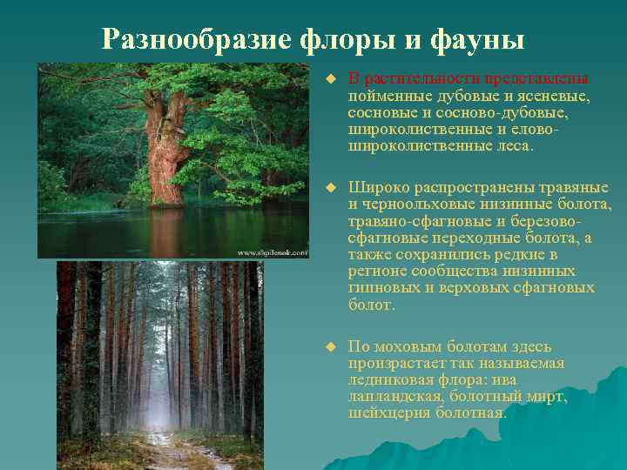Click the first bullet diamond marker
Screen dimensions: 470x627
click(330, 80)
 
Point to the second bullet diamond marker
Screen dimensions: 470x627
click(330, 188)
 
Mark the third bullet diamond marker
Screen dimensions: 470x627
click(330, 346)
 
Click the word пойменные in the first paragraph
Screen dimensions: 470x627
click(389, 97)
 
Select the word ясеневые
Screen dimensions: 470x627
click(551, 97)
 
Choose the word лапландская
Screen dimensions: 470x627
click(391, 396)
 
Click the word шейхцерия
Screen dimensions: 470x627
click(388, 413)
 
